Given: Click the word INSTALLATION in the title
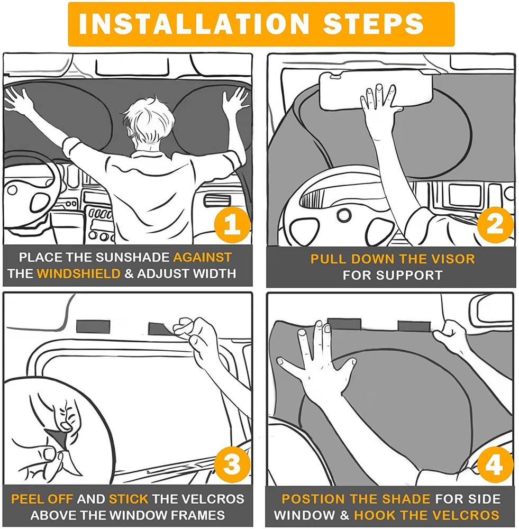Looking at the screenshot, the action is click(194, 23).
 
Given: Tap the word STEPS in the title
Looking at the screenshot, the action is click(373, 23).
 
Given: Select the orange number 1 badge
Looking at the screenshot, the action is click(232, 225).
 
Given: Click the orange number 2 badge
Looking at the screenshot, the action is click(495, 225).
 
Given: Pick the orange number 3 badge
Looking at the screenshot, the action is click(232, 465).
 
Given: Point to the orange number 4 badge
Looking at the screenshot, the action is click(495, 465).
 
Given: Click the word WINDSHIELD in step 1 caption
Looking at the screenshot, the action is click(79, 273).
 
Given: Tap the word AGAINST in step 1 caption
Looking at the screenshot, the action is click(203, 258).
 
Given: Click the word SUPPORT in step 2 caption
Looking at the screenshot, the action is click(409, 275).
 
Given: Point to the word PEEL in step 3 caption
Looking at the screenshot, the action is click(25, 499).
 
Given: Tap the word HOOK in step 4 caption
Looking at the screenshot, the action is click(373, 515).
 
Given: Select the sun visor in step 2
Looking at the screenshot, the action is click(376, 92).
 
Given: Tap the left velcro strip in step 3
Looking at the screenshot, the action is click(93, 326).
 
